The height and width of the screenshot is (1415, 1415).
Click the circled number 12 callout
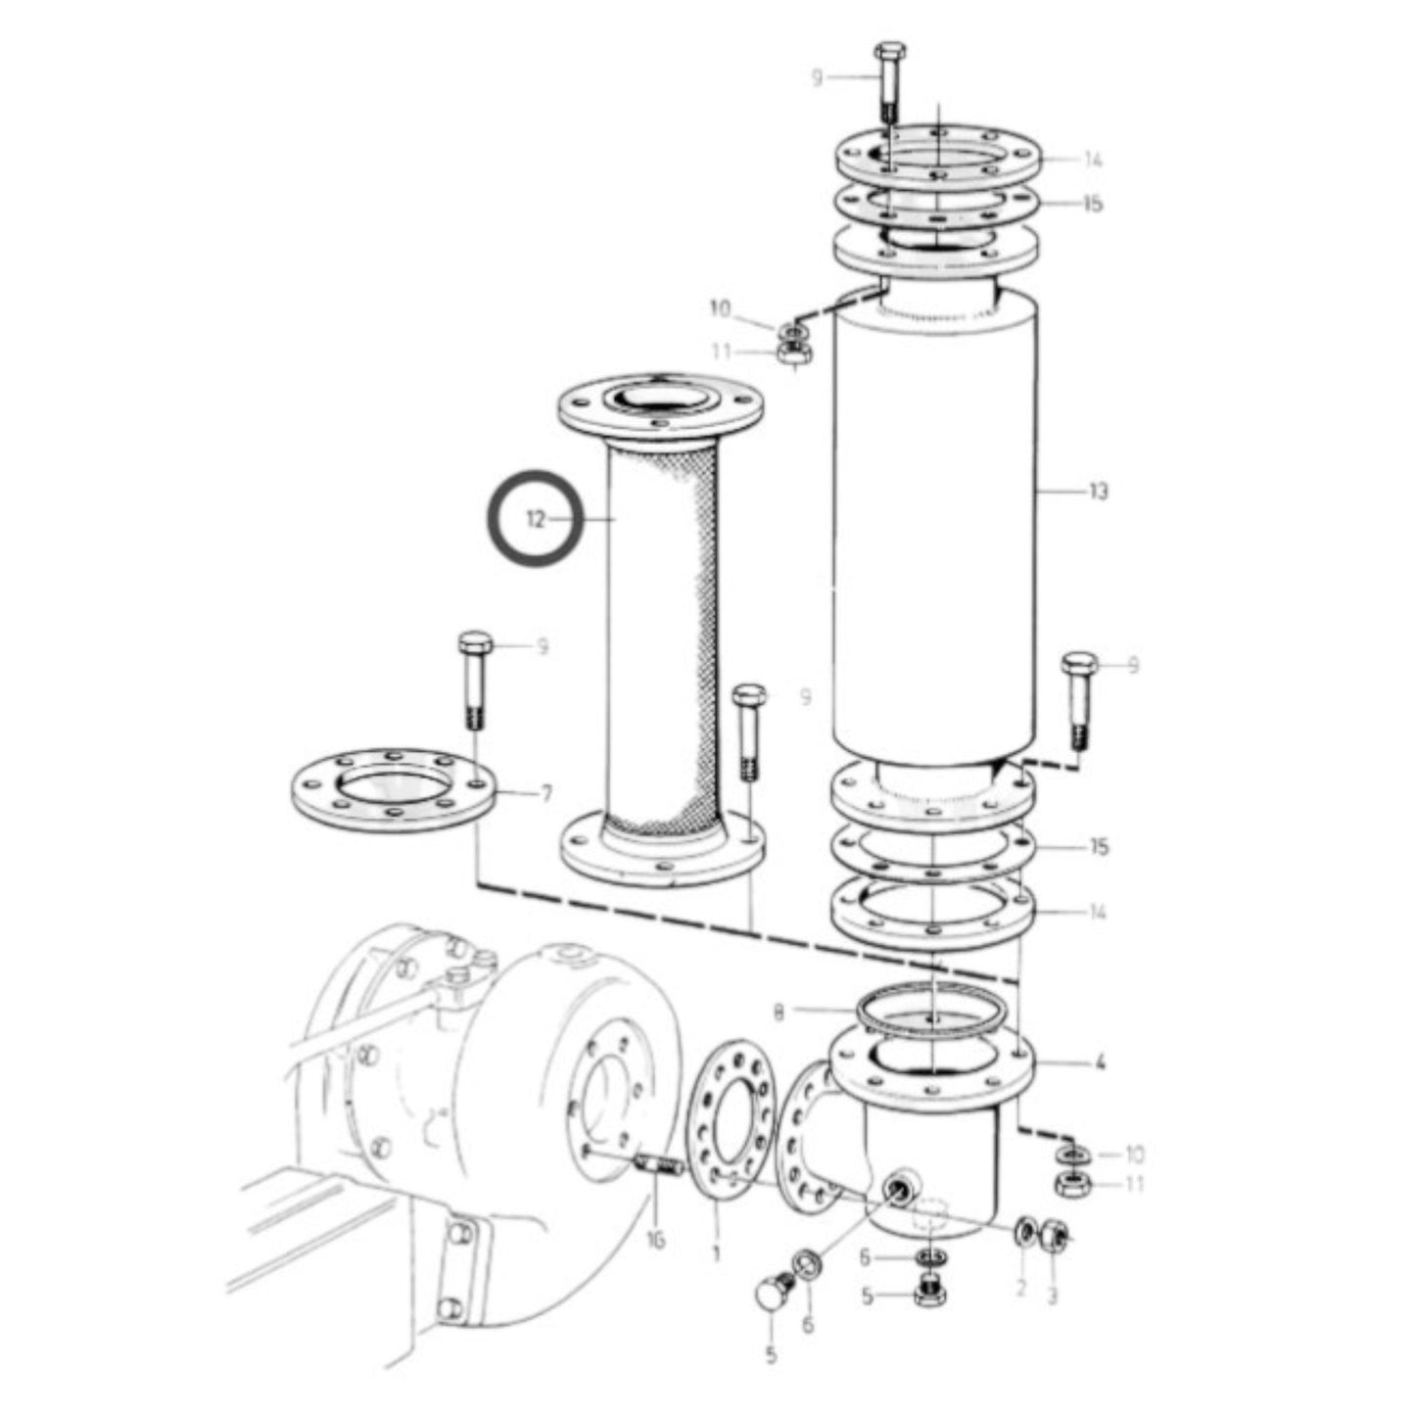[536, 519]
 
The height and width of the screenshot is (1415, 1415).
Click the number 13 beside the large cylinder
[1098, 490]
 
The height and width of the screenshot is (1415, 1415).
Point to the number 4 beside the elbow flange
[1100, 1061]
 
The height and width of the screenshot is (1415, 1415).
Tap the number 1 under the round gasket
[716, 1252]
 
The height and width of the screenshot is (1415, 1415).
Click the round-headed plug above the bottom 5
[774, 1294]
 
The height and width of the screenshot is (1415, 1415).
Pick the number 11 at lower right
[1134, 1184]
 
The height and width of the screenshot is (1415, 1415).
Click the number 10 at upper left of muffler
[720, 309]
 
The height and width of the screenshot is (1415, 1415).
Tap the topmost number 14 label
[1093, 161]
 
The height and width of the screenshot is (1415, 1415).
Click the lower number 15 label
[1099, 846]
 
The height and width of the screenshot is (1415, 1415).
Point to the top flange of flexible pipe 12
[661, 407]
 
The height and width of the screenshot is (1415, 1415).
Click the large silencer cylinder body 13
[935, 529]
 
